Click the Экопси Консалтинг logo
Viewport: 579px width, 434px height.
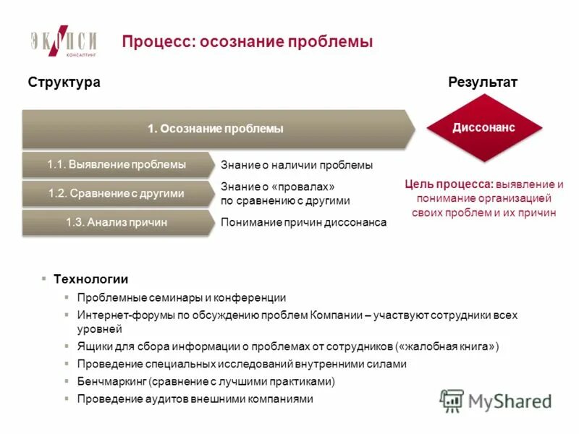point(64,41)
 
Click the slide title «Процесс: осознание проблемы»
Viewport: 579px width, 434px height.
point(247,42)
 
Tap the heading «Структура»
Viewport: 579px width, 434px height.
point(64,82)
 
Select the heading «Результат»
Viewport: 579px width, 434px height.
point(483,82)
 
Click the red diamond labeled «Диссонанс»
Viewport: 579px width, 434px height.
point(483,128)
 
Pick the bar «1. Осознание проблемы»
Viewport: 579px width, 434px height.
point(216,129)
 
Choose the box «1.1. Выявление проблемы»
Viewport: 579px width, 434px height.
point(116,165)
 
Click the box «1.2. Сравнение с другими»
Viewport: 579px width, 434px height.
point(116,193)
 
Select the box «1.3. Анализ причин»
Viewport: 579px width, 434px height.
point(116,223)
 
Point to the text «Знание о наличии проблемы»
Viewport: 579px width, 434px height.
point(297,166)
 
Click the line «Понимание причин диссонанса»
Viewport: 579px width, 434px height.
point(303,223)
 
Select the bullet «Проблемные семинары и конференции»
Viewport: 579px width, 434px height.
point(181,297)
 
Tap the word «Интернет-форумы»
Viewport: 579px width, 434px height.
point(117,315)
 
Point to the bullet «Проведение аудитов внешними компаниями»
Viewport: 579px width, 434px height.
point(195,399)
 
